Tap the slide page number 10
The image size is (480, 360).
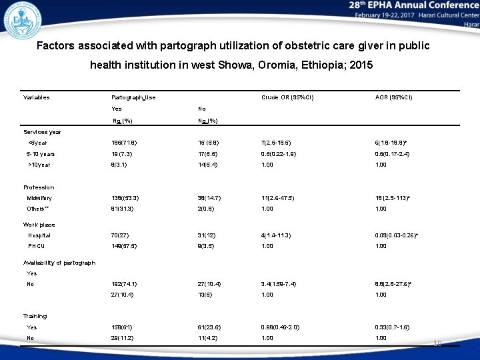point(437,343)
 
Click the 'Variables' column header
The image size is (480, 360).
point(37,97)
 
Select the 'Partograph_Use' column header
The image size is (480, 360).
point(133,97)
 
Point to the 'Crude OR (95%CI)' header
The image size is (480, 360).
point(287,97)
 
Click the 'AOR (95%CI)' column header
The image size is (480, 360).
point(394,97)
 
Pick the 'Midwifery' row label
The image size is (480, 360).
point(39,198)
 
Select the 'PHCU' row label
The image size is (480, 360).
point(36,246)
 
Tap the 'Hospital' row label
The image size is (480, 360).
point(39,235)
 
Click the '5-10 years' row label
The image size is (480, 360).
point(41,153)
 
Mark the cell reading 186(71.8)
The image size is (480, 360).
point(126,143)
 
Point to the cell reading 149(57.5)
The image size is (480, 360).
point(126,246)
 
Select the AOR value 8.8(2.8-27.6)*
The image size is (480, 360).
point(394,284)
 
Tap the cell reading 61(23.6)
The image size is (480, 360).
point(211,327)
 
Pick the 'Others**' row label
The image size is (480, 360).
point(38,209)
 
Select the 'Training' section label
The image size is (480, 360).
point(35,316)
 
